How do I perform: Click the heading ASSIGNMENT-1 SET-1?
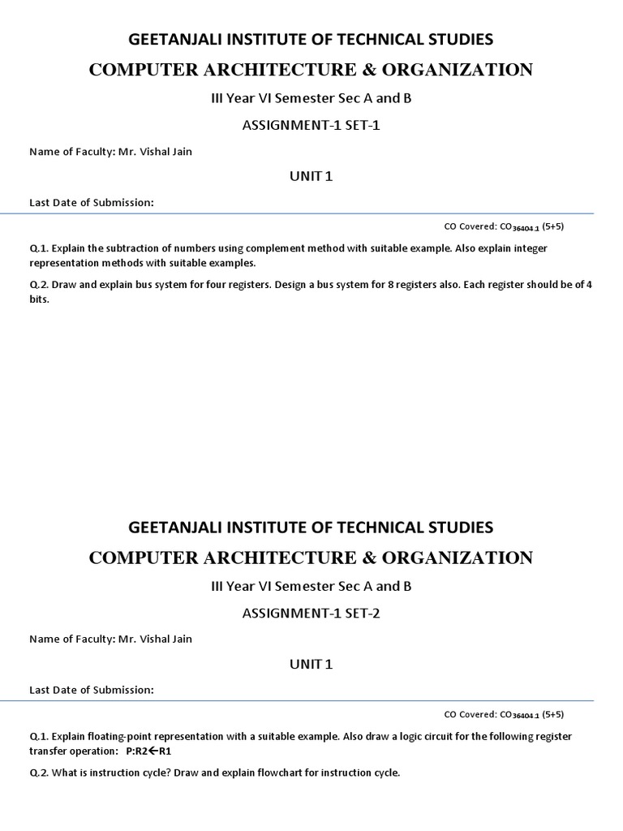tap(311, 125)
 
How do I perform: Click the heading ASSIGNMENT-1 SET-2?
tap(311, 614)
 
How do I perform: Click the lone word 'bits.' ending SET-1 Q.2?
tap(40, 299)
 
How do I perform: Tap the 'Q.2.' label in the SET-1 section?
tap(39, 285)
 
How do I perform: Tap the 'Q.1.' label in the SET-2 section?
tap(39, 737)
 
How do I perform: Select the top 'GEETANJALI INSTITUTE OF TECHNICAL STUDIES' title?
tap(311, 38)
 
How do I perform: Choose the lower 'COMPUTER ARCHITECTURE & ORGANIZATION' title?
tap(311, 558)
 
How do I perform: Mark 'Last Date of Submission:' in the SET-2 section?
tap(91, 690)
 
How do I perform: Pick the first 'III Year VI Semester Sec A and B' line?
tap(311, 98)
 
